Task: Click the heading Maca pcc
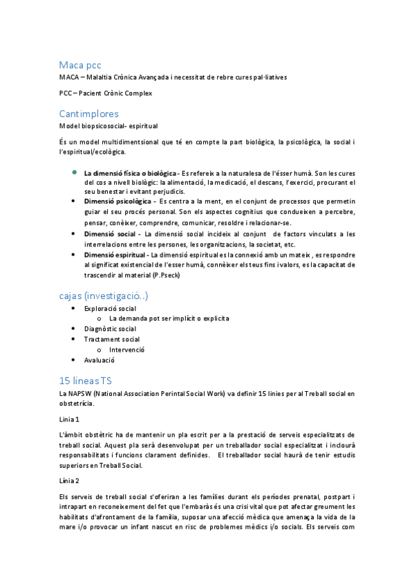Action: tap(80, 65)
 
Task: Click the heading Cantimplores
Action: tap(88, 114)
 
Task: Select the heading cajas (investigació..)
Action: tap(104, 296)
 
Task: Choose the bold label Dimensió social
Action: tap(109, 234)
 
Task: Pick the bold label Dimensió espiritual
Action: tap(115, 255)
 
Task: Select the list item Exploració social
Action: tap(110, 308)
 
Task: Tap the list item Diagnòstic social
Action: tap(110, 329)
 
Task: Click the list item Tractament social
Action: tap(112, 339)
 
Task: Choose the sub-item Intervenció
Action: tap(126, 350)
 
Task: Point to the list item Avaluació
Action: tap(100, 360)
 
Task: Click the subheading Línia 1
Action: tap(70, 419)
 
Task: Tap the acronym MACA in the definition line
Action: tap(68, 77)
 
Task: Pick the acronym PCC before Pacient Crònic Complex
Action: tap(66, 93)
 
